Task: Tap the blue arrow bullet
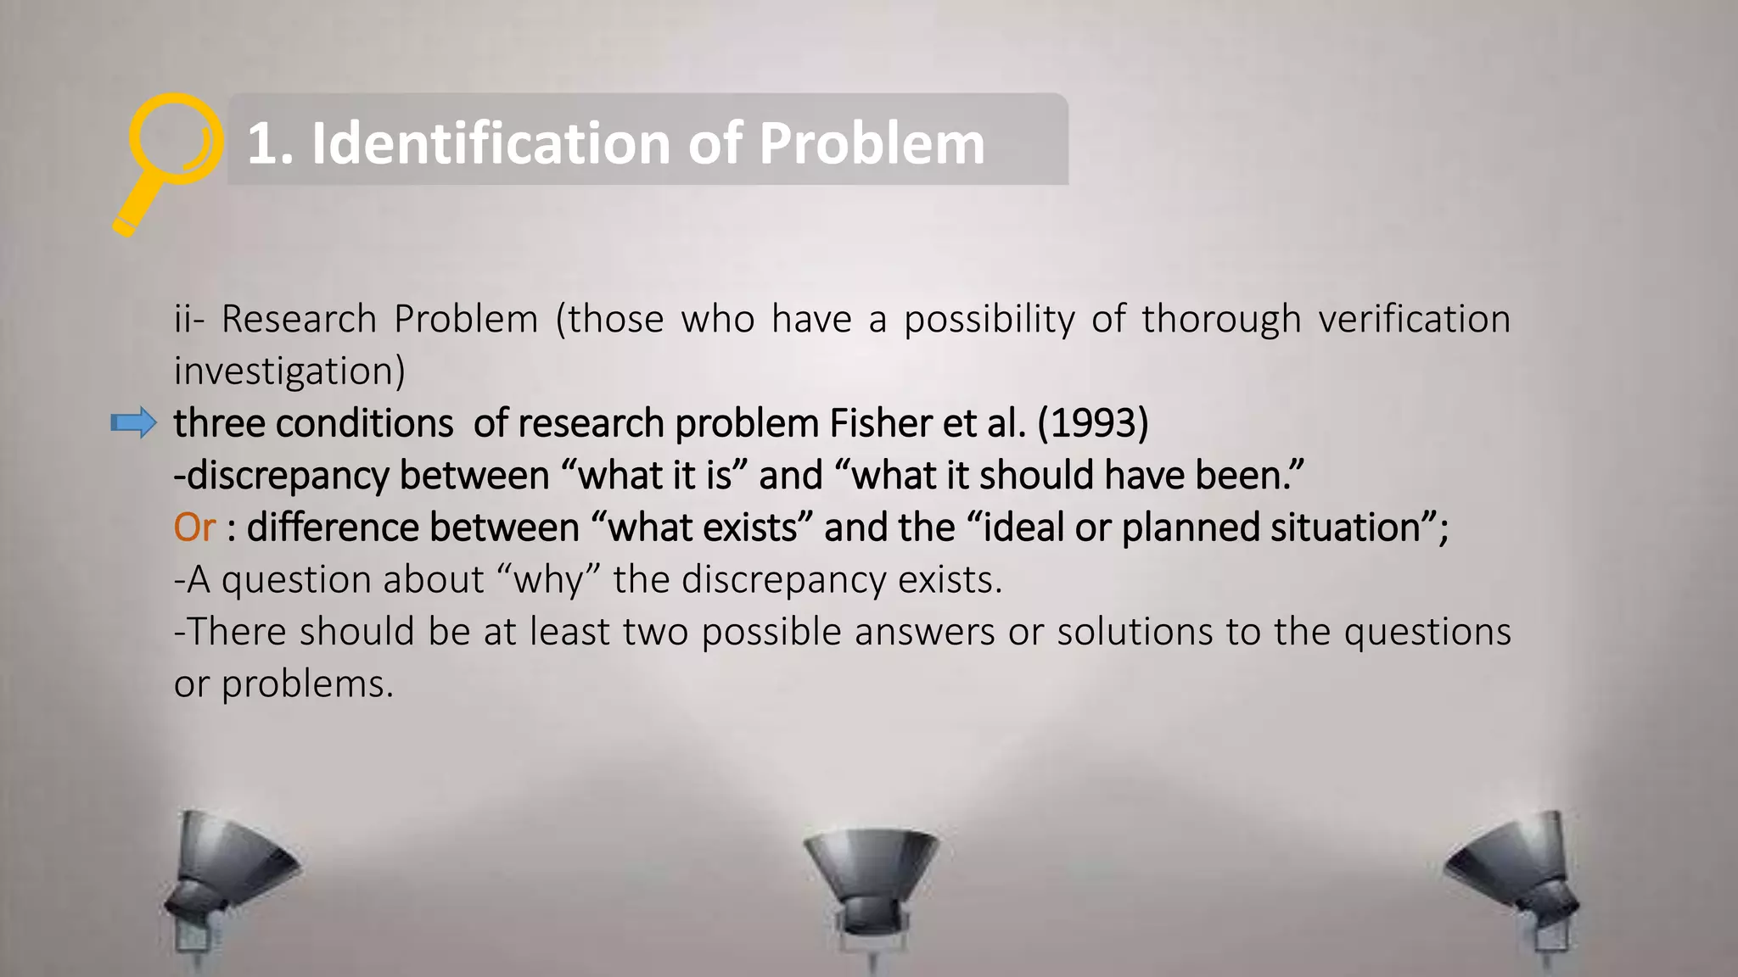point(134,422)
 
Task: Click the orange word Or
point(194,528)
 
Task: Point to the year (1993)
point(1093,423)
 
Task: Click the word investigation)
point(289,371)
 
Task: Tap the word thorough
point(1220,320)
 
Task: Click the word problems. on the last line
point(307,684)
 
